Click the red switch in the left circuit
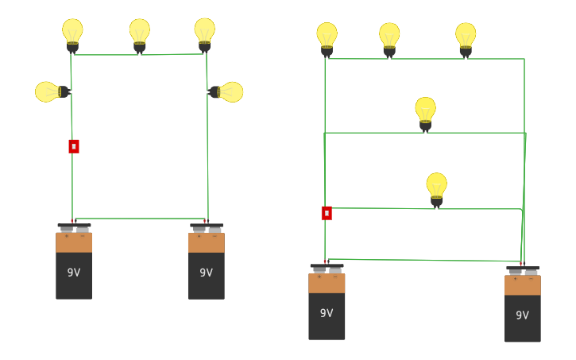tap(74, 146)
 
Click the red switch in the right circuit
tap(327, 213)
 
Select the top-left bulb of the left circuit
tap(72, 33)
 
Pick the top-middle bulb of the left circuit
tap(140, 33)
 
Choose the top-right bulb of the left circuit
tap(204, 33)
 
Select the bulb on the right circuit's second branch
tap(425, 112)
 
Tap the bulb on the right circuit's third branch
tap(436, 188)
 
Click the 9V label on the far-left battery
tap(74, 273)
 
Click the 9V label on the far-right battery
tap(522, 315)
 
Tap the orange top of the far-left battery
tap(74, 242)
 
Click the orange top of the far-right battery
tap(522, 285)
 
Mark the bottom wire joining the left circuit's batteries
tap(140, 219)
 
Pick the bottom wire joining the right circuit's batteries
tap(421, 260)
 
